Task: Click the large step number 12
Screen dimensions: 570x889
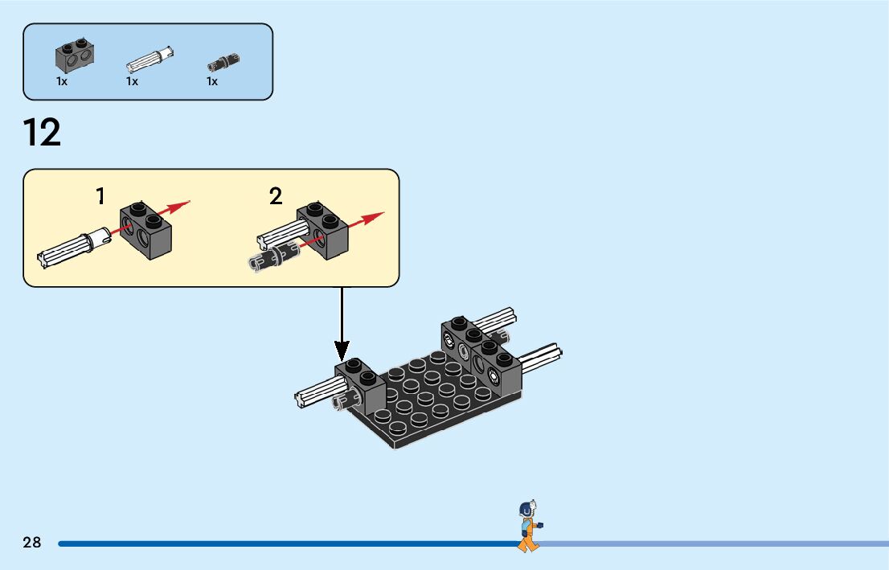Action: [42, 133]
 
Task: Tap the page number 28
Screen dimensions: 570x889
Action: [32, 543]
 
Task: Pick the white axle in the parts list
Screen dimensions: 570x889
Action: [150, 59]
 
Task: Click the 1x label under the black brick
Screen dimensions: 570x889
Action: [62, 81]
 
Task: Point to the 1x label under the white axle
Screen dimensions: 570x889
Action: [132, 81]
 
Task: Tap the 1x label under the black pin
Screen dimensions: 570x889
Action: [212, 81]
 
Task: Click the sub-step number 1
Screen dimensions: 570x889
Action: [100, 196]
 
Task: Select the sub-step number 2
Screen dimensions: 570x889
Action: [276, 196]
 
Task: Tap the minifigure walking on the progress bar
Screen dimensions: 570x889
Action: [527, 526]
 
